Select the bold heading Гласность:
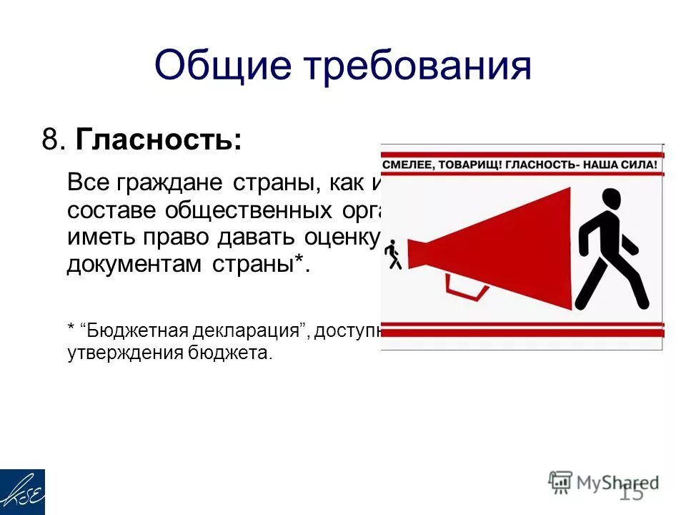(158, 139)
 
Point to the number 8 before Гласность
(49, 139)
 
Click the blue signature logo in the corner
(22, 491)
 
